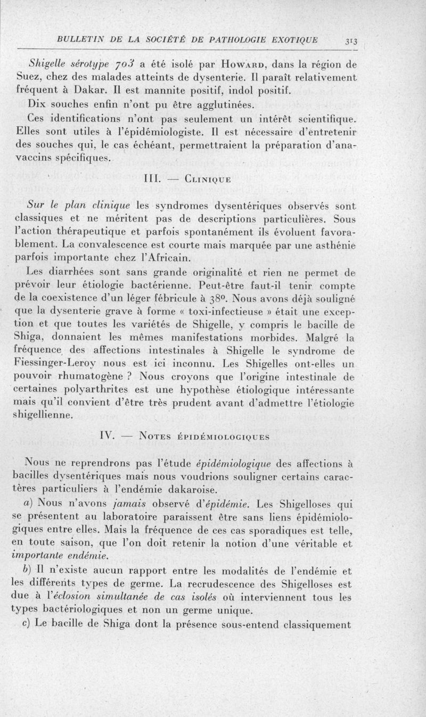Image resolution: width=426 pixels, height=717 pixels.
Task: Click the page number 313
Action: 351,42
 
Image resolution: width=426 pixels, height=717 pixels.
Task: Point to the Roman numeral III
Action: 153,181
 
